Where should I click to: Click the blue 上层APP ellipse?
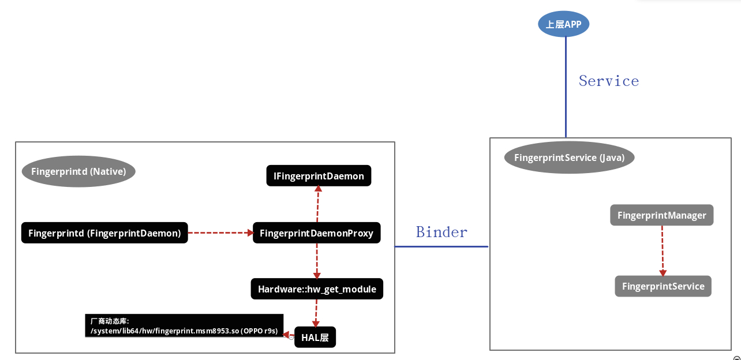click(563, 24)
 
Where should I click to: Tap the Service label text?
click(609, 81)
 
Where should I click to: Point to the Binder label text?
click(441, 232)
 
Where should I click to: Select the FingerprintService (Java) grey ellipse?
click(569, 157)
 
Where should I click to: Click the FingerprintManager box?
click(661, 215)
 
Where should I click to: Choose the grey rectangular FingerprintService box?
click(663, 286)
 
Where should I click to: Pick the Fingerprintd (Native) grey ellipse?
click(78, 171)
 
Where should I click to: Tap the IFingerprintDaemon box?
click(319, 176)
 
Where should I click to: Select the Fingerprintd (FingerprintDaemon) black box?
click(104, 233)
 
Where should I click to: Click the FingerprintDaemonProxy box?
click(316, 233)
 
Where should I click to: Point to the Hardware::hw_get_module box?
click(317, 289)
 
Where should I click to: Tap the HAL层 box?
click(315, 337)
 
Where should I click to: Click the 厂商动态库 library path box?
click(184, 326)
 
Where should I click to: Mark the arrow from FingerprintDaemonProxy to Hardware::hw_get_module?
click(317, 261)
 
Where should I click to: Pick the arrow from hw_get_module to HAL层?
click(316, 313)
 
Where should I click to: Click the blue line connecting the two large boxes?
click(441, 246)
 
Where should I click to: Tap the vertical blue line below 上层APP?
click(566, 87)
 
